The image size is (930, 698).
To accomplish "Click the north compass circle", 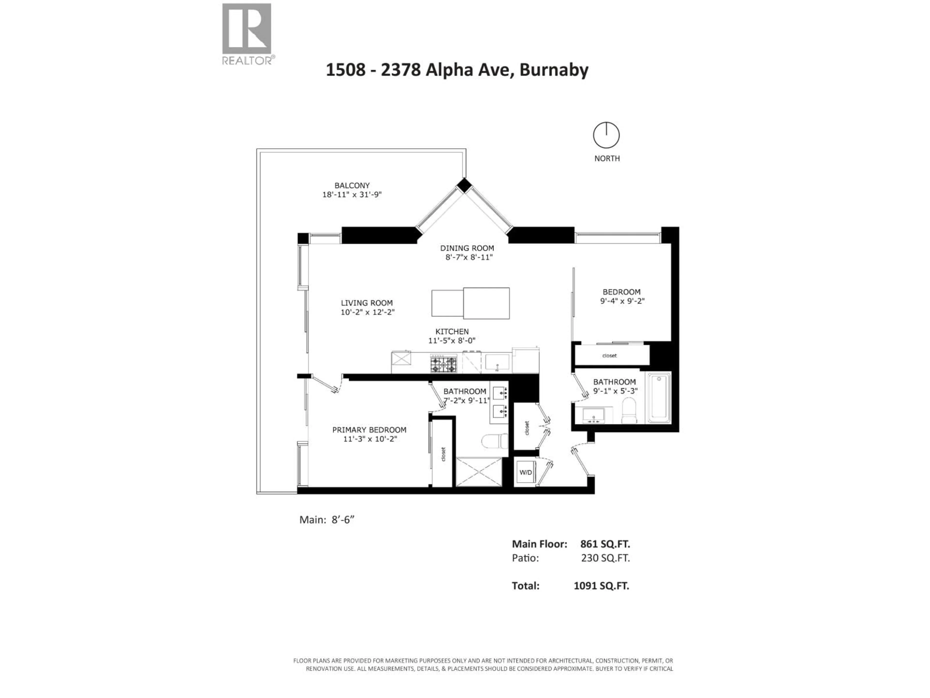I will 606,135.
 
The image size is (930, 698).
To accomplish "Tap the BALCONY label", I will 352,186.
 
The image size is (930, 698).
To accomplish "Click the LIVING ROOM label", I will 367,303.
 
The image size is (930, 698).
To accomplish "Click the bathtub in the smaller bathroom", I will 659,398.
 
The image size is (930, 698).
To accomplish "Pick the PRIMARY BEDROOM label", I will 369,429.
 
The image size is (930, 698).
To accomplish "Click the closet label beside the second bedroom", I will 609,356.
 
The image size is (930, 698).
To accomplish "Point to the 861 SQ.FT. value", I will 605,544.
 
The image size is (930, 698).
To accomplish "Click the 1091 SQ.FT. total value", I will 601,586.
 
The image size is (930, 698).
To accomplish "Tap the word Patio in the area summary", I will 525,558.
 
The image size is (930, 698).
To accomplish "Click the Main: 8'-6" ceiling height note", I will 327,520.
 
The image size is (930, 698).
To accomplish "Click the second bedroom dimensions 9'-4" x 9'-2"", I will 622,301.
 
